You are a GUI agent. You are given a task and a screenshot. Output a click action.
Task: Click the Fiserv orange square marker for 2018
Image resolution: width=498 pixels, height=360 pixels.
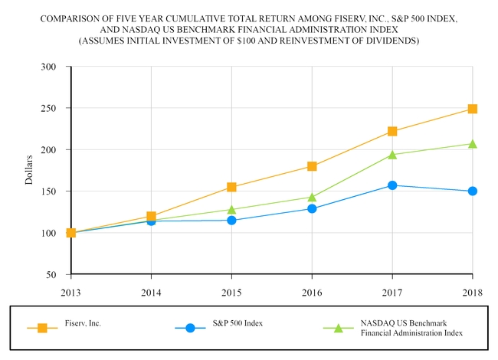click(x=473, y=109)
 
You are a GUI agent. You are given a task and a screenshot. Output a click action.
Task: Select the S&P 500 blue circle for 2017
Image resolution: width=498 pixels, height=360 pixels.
click(x=392, y=185)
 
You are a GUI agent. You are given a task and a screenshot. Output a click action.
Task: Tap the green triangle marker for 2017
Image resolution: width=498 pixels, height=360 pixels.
click(x=392, y=154)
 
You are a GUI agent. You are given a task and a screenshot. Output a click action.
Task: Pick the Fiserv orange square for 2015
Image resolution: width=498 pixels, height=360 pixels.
click(x=231, y=187)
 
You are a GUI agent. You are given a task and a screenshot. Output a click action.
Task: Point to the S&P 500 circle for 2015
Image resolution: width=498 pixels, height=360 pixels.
click(x=231, y=221)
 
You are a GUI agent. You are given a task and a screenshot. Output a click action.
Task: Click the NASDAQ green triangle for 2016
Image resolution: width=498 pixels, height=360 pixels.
click(x=312, y=197)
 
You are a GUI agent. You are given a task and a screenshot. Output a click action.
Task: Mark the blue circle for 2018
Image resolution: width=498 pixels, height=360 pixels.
click(x=473, y=191)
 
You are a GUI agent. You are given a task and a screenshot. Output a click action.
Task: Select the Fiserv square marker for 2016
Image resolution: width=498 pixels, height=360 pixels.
click(x=312, y=166)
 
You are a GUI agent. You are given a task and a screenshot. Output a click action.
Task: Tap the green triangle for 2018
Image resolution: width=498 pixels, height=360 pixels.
click(x=473, y=144)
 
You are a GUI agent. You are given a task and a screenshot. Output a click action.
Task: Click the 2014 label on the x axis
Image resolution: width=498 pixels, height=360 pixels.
click(x=151, y=291)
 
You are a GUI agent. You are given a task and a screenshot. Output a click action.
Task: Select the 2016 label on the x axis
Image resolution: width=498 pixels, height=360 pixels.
click(x=312, y=291)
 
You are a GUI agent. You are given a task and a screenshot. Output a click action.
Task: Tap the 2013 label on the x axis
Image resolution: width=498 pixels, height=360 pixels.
click(x=70, y=291)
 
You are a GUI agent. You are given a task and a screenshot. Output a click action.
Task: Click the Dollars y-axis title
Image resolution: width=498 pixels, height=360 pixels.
click(x=29, y=170)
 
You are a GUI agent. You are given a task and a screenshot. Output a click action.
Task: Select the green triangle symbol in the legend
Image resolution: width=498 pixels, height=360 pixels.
click(x=338, y=328)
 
